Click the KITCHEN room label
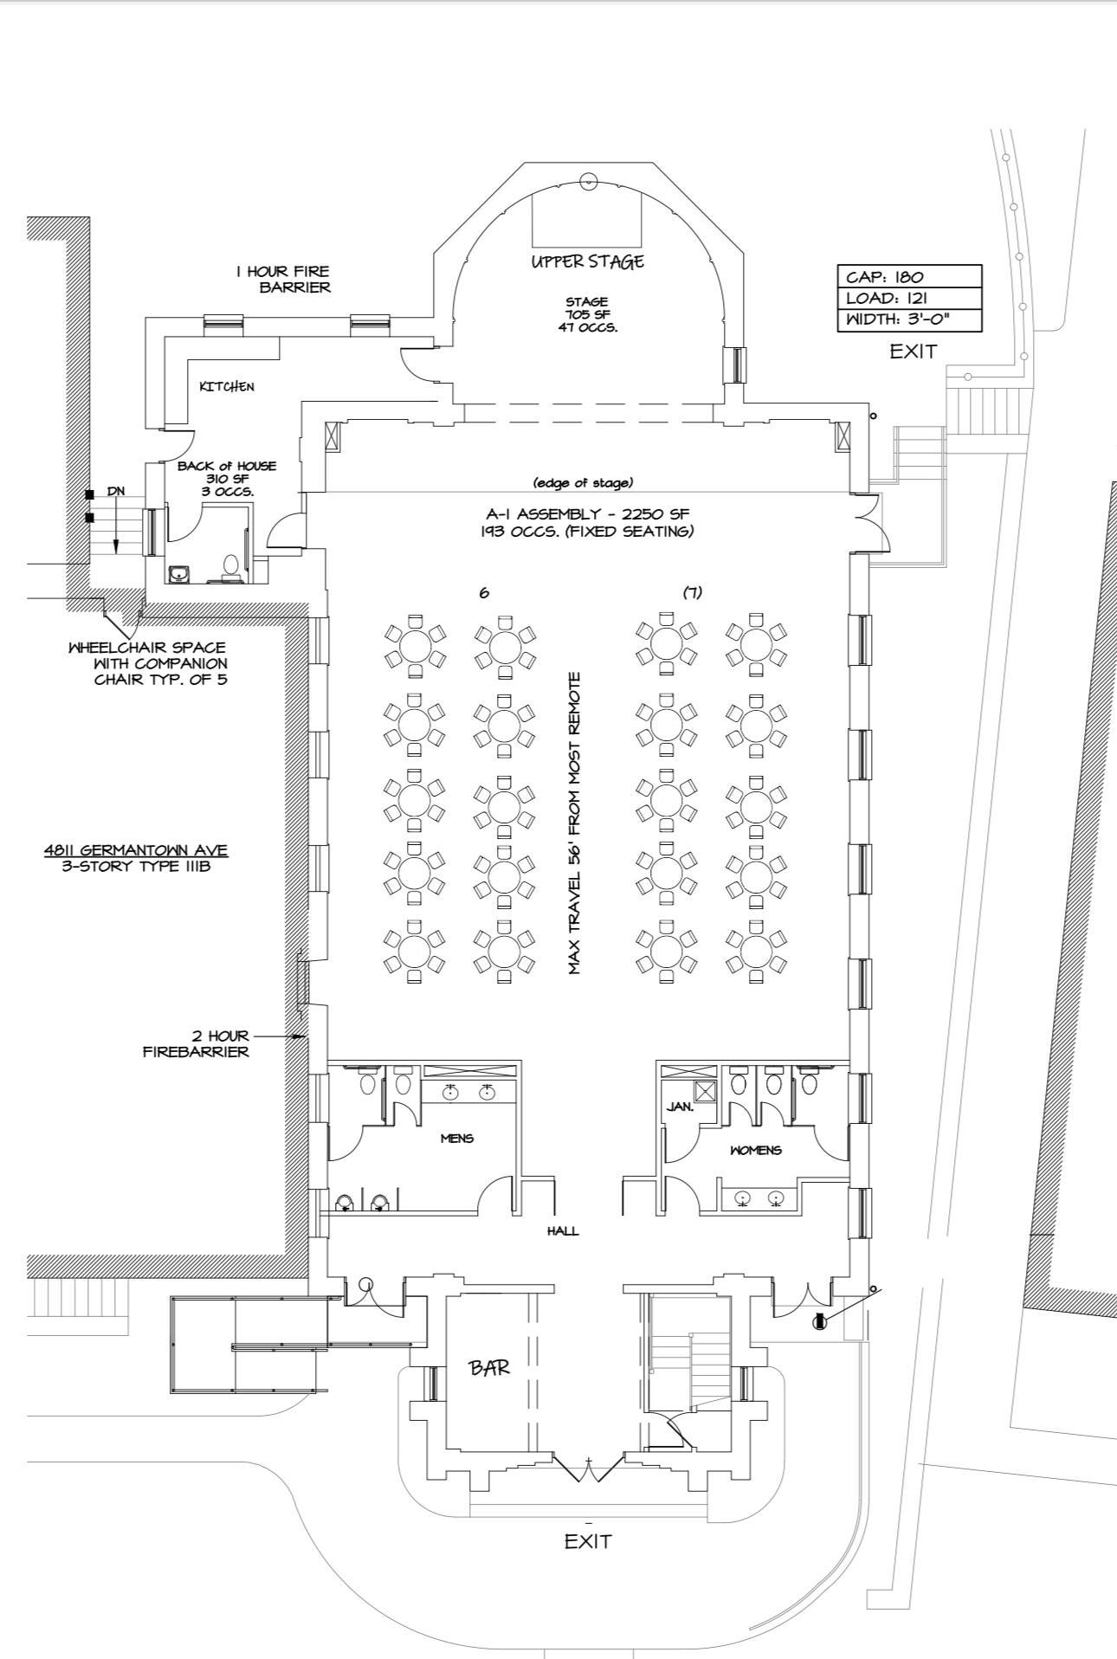coord(227,386)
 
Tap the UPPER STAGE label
coord(588,261)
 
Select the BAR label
coord(489,1367)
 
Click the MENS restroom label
coord(457,1138)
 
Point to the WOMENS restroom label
coord(756,1150)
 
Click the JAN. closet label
coord(680,1107)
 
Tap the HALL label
coord(563,1230)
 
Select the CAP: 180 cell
coord(909,276)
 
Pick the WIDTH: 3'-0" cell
coord(909,320)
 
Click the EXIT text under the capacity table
coord(914,352)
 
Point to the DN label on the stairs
coord(116,491)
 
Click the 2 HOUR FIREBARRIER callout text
coord(196,1043)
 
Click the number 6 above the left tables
coord(484,592)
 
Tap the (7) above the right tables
coord(692,592)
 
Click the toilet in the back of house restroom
coord(230,567)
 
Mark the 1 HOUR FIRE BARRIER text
coord(283,279)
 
